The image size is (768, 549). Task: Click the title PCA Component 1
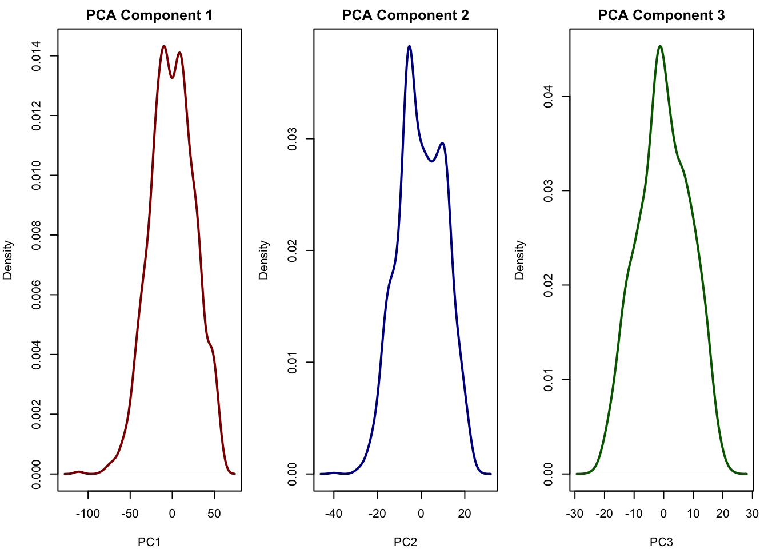pos(149,15)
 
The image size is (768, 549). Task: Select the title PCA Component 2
pos(405,15)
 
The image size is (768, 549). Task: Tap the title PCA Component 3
pos(661,15)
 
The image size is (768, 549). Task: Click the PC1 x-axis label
pos(149,542)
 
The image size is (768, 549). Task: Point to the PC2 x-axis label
pos(405,542)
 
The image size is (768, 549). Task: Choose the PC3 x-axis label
pos(661,542)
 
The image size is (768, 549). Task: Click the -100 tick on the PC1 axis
pos(87,514)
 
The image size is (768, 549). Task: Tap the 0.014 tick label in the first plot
pos(37,56)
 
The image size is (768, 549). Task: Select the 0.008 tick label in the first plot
pos(37,235)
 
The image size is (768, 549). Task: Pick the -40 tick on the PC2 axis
pos(334,514)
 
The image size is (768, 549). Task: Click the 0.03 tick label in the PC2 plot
pos(293,138)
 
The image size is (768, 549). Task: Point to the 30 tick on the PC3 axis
pos(752,514)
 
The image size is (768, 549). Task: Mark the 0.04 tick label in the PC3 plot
pos(549,96)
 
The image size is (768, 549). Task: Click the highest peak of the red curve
pos(164,46)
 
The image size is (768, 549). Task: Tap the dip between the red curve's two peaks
pos(172,78)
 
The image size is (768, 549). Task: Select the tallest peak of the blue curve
pos(409,46)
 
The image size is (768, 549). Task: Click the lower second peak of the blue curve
pos(442,143)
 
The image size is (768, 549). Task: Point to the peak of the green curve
pos(660,46)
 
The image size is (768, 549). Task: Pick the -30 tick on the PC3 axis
pos(575,514)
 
